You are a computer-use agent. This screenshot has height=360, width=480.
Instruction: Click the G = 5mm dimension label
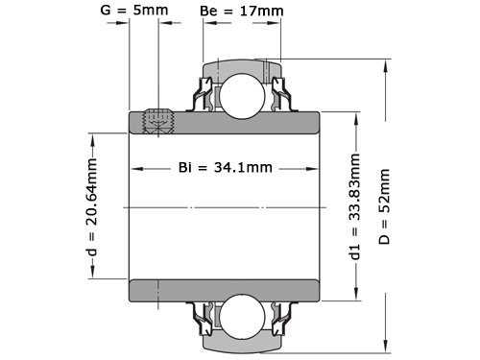tap(135, 11)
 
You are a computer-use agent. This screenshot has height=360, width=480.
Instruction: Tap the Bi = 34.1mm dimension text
tap(226, 168)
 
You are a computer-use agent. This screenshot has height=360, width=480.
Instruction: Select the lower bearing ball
tap(240, 317)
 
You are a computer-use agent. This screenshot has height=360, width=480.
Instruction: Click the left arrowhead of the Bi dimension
tap(135, 168)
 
